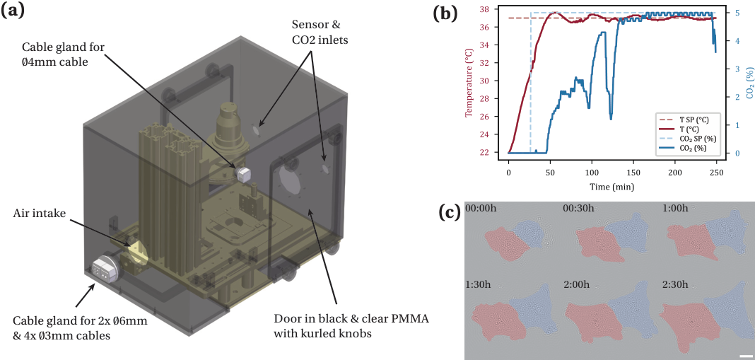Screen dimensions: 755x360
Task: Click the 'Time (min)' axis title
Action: pyautogui.click(x=612, y=185)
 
